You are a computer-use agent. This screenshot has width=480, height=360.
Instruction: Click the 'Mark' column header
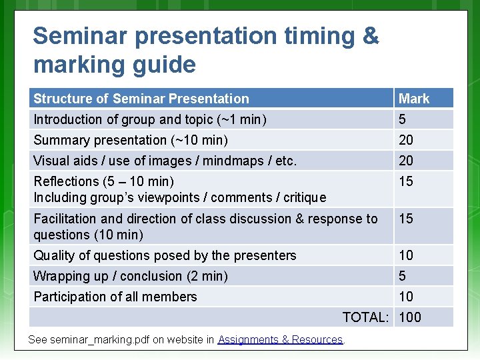pyautogui.click(x=414, y=99)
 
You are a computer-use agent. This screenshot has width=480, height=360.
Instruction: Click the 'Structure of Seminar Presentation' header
pyautogui.click(x=141, y=99)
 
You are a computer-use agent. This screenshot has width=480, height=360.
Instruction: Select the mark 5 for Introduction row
pyautogui.click(x=402, y=120)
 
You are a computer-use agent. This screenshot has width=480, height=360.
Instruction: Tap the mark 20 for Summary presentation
pyautogui.click(x=406, y=140)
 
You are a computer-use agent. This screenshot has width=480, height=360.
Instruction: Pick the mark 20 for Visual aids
pyautogui.click(x=406, y=161)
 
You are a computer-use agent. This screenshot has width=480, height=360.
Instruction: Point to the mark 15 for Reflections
pyautogui.click(x=406, y=181)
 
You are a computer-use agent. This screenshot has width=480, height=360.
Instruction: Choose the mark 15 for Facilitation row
pyautogui.click(x=406, y=219)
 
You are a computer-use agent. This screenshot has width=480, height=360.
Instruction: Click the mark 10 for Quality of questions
pyautogui.click(x=406, y=255)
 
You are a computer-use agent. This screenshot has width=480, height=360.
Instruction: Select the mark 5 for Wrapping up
pyautogui.click(x=402, y=276)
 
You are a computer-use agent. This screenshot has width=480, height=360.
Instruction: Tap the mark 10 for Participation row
pyautogui.click(x=406, y=297)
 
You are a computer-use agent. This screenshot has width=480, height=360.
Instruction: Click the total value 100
pyautogui.click(x=410, y=317)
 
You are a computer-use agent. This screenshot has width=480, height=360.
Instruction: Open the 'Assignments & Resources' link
pyautogui.click(x=280, y=339)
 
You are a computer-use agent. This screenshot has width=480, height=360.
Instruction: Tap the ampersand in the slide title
pyautogui.click(x=370, y=36)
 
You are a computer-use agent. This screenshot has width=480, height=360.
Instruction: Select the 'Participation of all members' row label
pyautogui.click(x=115, y=297)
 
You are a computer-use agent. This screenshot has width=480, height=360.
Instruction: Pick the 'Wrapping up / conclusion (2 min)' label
pyautogui.click(x=131, y=276)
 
